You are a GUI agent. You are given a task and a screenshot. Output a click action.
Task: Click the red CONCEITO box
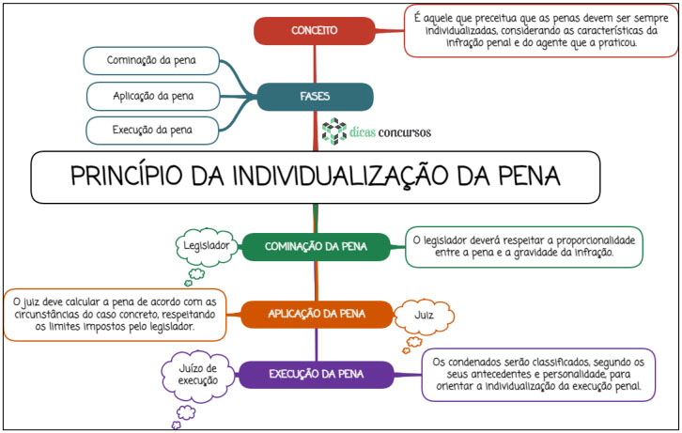click(x=314, y=31)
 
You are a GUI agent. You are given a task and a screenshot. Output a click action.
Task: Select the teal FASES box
click(x=315, y=97)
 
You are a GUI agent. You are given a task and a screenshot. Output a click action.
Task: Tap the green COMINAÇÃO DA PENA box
click(x=316, y=247)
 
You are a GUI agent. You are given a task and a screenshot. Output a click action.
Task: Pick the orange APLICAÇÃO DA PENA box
click(x=317, y=315)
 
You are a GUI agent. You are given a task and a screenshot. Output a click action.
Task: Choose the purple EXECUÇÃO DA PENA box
click(x=316, y=375)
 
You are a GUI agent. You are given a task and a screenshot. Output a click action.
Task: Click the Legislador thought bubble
click(x=207, y=246)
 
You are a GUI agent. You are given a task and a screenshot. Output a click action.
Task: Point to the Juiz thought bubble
click(x=424, y=316)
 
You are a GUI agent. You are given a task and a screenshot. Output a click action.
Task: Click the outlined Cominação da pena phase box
click(x=151, y=61)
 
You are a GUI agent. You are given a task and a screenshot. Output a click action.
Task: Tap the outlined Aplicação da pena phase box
click(x=153, y=97)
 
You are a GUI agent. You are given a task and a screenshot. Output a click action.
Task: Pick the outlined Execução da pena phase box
click(x=152, y=131)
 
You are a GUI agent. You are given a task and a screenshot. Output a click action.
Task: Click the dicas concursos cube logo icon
click(x=334, y=131)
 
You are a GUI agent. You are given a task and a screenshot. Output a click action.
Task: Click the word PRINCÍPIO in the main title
click(x=126, y=177)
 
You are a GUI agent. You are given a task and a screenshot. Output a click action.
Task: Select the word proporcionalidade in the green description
click(x=596, y=241)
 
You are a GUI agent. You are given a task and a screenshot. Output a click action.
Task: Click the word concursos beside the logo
click(x=405, y=132)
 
